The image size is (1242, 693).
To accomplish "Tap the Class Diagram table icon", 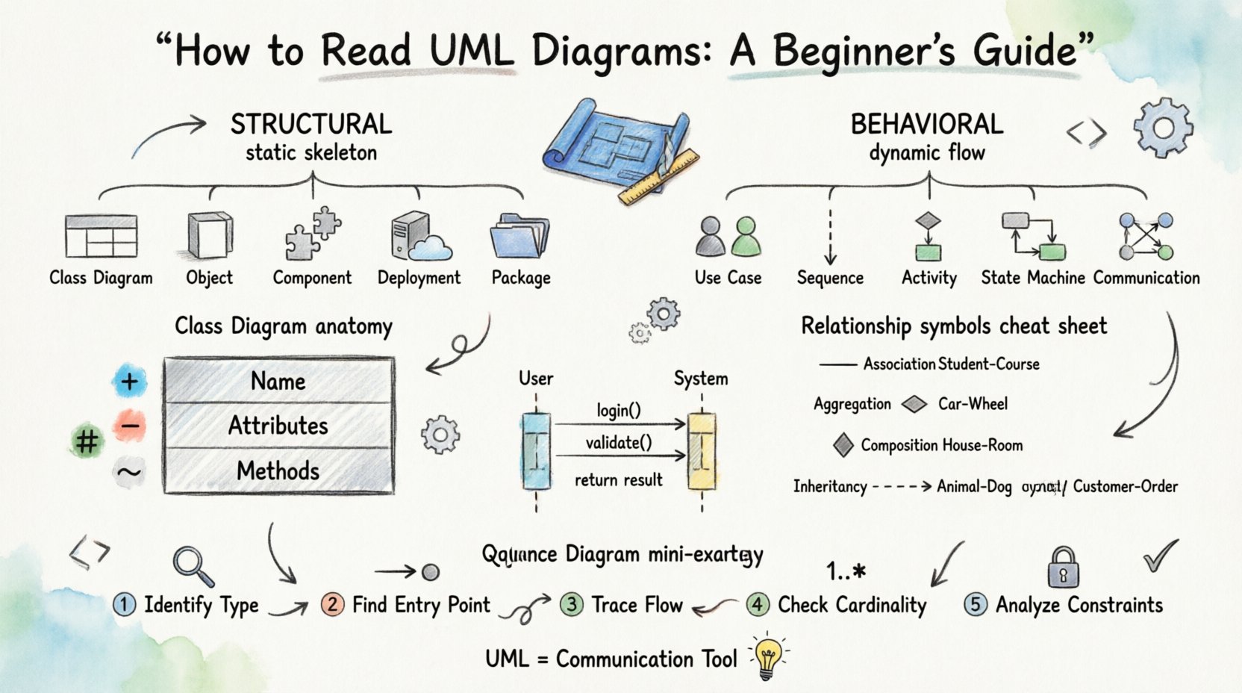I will [x=101, y=236].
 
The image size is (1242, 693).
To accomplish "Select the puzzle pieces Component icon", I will [x=312, y=234].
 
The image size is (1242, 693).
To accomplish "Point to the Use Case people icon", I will [x=728, y=237].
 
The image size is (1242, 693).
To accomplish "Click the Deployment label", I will [x=419, y=278].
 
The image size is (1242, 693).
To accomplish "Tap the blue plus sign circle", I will [x=129, y=382].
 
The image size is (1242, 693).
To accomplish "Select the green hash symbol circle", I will [x=87, y=441].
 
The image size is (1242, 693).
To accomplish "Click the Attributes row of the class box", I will [x=278, y=426].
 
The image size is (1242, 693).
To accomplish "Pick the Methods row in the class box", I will [x=278, y=471].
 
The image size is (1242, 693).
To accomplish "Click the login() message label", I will [x=619, y=410].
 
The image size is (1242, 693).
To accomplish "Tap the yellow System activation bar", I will [x=701, y=452].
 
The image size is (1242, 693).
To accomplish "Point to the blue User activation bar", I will [x=536, y=452].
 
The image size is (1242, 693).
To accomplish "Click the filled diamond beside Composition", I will [x=843, y=445].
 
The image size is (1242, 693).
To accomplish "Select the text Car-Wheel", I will [x=973, y=404].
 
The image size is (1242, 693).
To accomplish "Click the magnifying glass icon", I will [x=192, y=566].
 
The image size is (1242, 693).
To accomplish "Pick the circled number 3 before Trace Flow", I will [x=572, y=604].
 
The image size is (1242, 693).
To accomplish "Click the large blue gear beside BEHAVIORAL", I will [x=1162, y=128].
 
